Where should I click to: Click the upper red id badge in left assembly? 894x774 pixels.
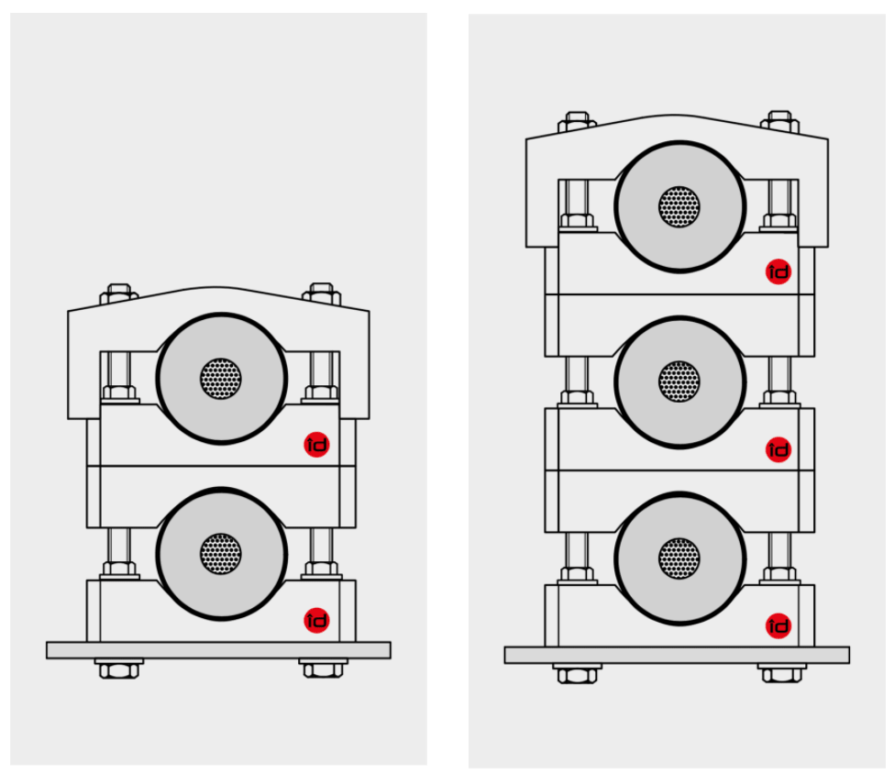pos(316,445)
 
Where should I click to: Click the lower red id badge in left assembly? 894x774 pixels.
pos(316,620)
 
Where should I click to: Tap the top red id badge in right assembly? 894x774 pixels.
pos(778,271)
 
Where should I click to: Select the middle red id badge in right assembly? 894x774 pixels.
pos(778,449)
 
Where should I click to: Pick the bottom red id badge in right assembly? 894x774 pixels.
pos(778,626)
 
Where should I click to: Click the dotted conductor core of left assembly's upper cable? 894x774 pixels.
pos(221,378)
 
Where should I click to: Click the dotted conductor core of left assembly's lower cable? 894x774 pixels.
pos(221,554)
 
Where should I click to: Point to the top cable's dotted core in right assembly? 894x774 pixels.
pos(679,206)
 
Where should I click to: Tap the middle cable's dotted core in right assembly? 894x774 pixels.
pos(679,381)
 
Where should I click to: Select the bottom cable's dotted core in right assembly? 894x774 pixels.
pos(679,558)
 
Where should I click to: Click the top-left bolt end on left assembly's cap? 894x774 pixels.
pos(118,293)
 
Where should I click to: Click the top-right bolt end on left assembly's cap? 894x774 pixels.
pos(322,293)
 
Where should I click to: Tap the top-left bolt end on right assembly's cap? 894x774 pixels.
pos(577,121)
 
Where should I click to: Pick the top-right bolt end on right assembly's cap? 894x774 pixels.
pos(780,121)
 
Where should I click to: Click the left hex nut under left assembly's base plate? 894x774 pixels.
pos(118,669)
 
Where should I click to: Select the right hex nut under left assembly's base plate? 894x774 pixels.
pos(323,669)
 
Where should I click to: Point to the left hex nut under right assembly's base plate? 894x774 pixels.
pos(577,674)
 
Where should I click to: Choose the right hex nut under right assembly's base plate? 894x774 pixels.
pos(781,674)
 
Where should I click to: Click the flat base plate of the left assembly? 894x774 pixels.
pos(218,650)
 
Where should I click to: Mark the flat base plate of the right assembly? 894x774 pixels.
pos(677,655)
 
